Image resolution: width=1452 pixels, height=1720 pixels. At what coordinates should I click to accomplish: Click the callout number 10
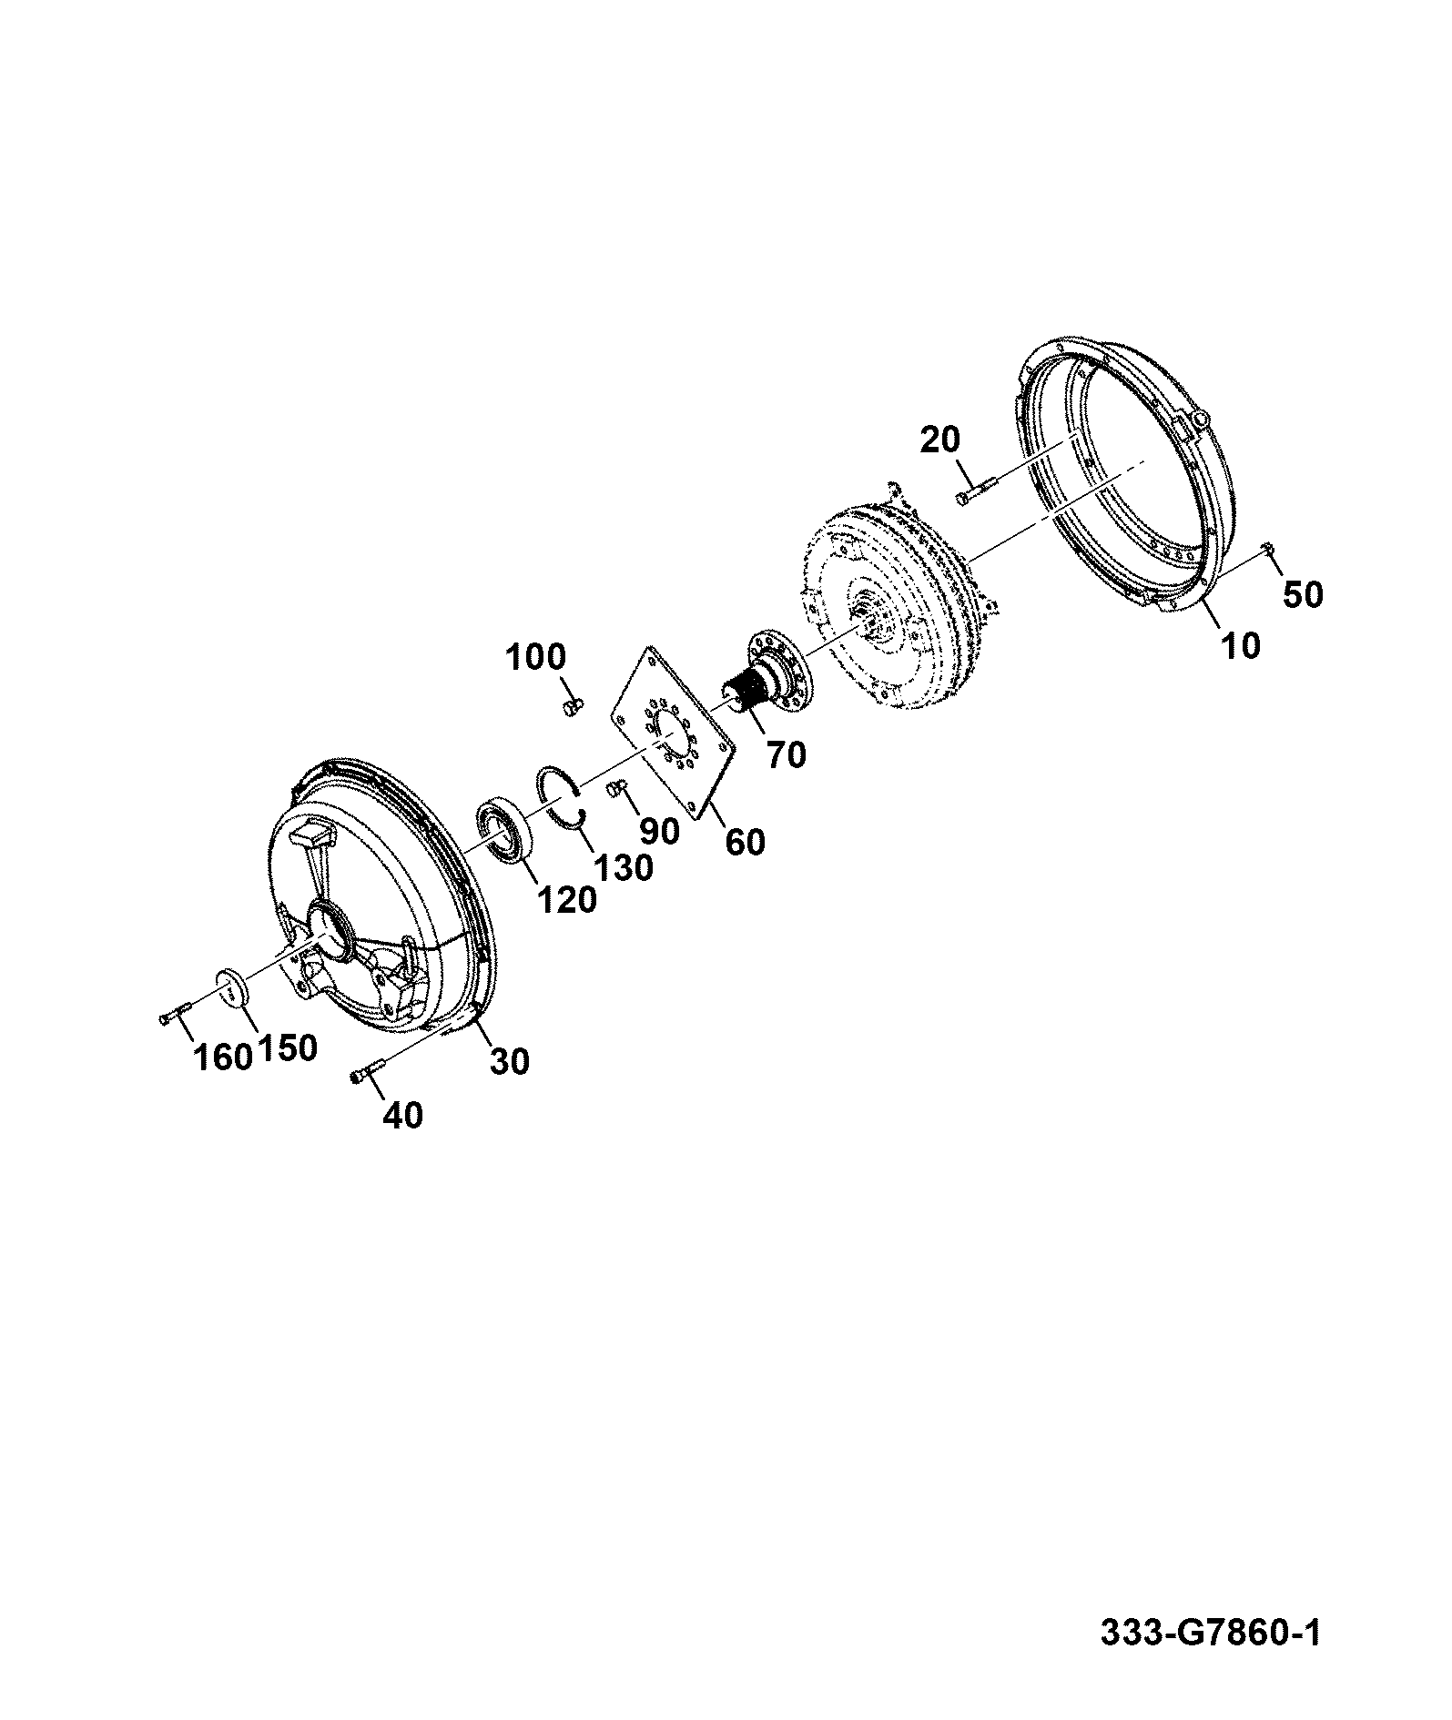tap(1241, 645)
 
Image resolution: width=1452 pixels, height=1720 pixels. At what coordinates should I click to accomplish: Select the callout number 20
tap(940, 440)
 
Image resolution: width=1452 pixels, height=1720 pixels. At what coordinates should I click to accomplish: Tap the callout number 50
tap(1303, 595)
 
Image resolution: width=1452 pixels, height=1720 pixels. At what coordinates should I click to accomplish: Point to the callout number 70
tap(787, 754)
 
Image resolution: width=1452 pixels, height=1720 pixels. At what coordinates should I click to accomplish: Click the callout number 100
tap(534, 656)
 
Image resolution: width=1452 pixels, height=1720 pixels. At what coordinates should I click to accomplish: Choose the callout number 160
tap(222, 1057)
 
